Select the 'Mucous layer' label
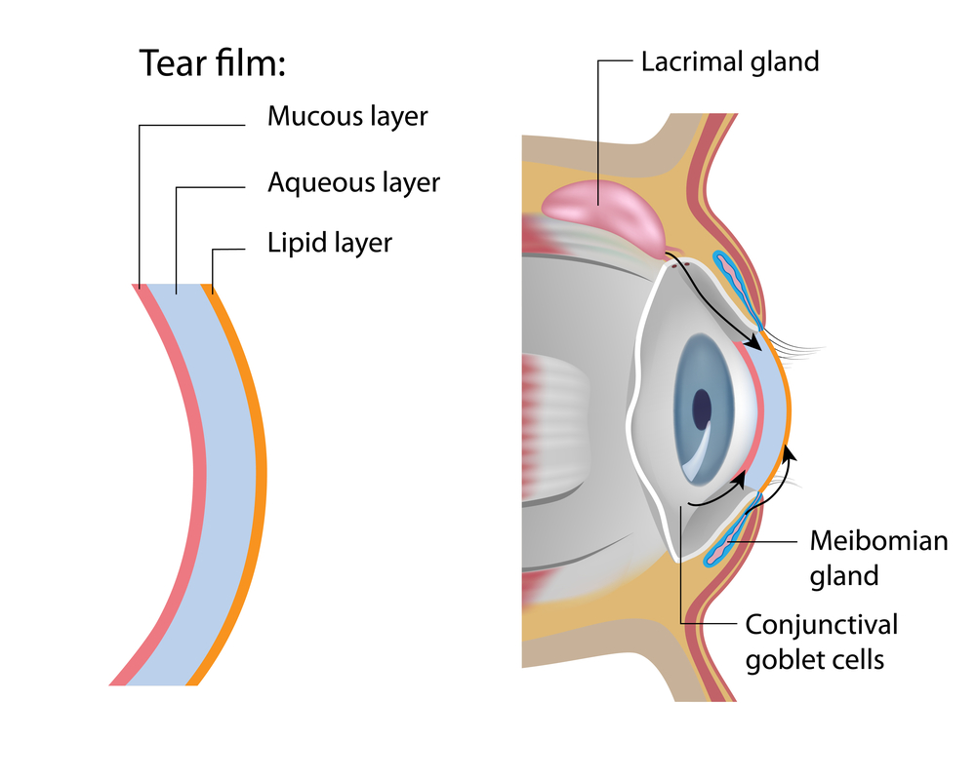(347, 117)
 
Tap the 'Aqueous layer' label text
(353, 182)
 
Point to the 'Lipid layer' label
(329, 242)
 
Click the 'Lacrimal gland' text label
(729, 61)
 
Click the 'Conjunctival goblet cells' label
(821, 641)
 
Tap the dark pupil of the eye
(702, 409)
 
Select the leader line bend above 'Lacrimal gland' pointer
(598, 61)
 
